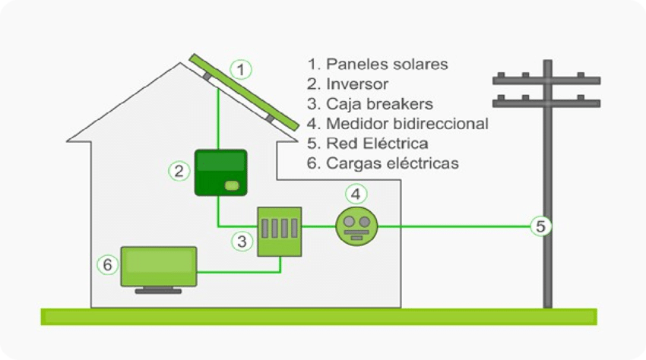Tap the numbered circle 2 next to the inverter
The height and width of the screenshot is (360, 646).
click(179, 171)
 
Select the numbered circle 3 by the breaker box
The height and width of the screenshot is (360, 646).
click(242, 242)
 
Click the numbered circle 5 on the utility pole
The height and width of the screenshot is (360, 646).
click(540, 226)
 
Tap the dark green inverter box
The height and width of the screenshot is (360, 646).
click(220, 172)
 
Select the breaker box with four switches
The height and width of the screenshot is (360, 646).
click(279, 230)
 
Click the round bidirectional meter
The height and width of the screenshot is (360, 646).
click(356, 226)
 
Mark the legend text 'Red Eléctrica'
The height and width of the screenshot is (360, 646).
click(368, 143)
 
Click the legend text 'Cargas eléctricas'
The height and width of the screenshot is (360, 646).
click(383, 163)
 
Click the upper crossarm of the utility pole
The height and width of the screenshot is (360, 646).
click(546, 80)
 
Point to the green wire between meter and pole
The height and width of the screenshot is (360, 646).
click(456, 226)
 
